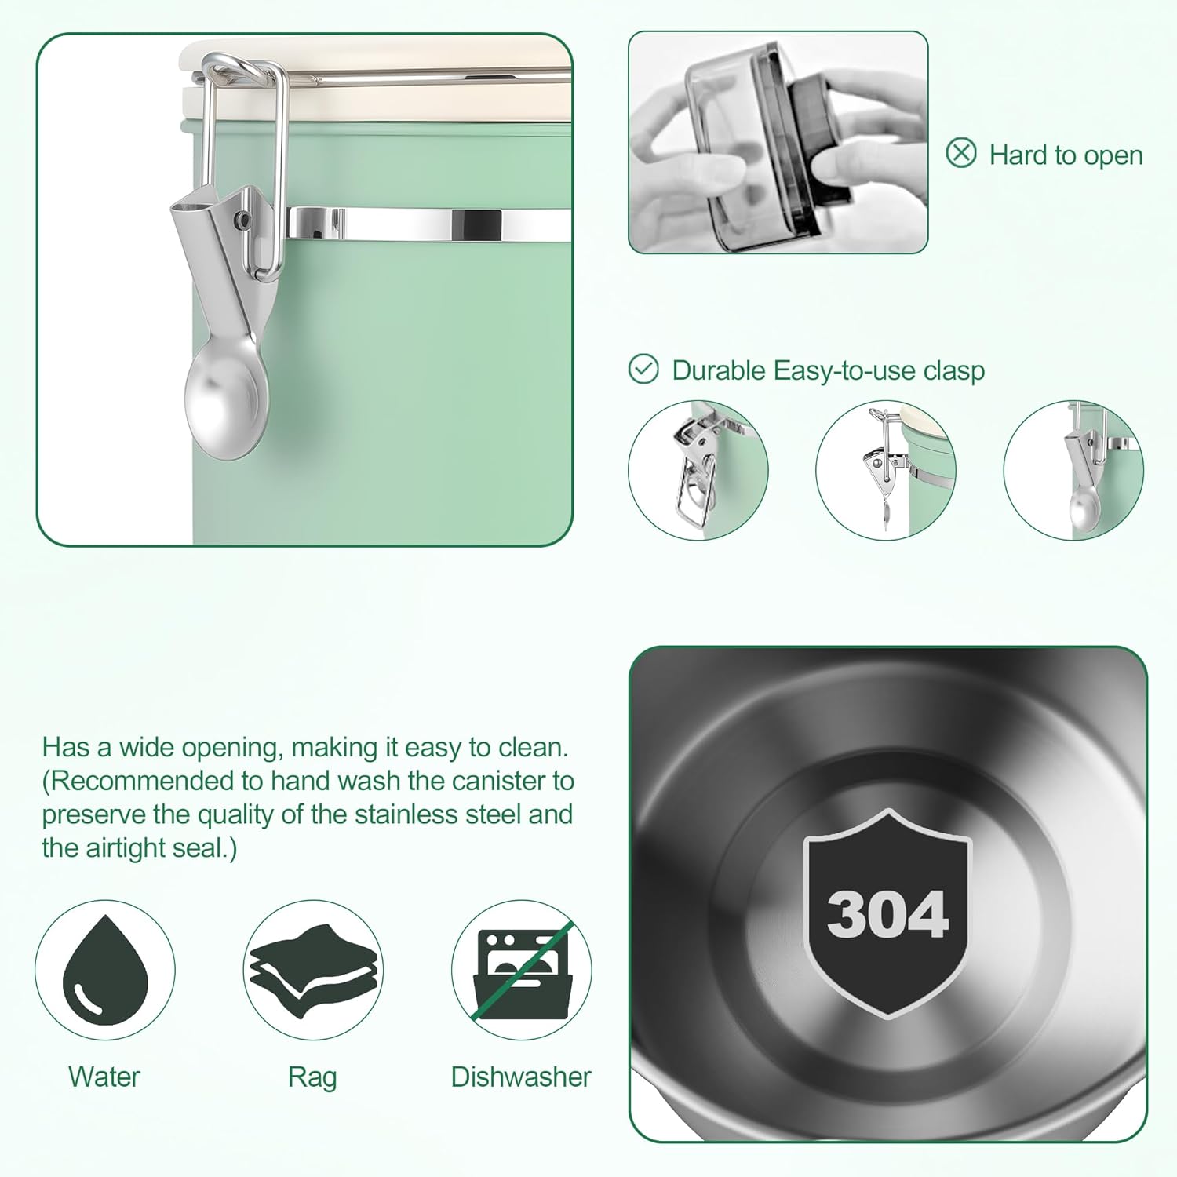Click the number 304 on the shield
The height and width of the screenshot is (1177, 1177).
[887, 915]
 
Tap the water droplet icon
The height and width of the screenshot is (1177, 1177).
[105, 970]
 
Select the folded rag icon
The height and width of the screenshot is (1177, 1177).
[313, 971]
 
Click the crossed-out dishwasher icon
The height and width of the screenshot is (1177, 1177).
[522, 971]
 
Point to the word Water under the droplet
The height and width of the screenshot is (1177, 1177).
[104, 1077]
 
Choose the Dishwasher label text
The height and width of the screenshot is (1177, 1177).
[521, 1077]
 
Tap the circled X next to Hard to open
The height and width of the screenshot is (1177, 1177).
[961, 152]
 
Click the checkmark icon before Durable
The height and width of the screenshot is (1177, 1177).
[643, 368]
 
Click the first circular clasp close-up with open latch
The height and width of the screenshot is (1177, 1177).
[698, 470]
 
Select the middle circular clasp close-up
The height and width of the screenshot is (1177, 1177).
[886, 470]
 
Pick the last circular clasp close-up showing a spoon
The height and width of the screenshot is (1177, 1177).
[1073, 470]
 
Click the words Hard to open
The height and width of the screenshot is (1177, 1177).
[1066, 155]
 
